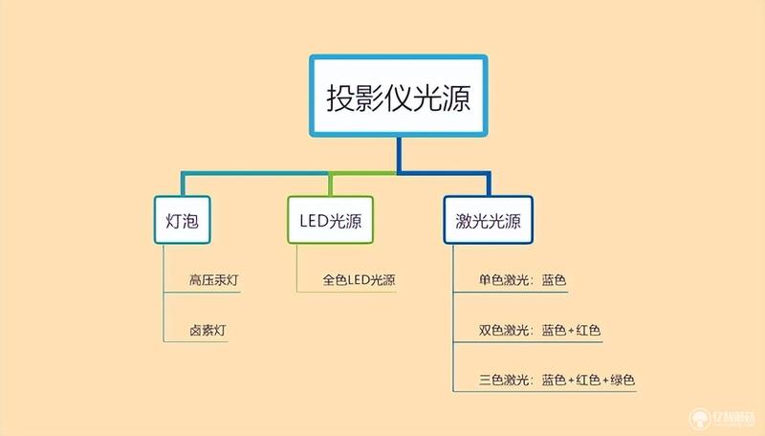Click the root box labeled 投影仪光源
(399, 96)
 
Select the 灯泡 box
(183, 220)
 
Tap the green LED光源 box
(330, 220)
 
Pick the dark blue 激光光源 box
(488, 220)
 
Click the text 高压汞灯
(213, 280)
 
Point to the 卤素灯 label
(208, 330)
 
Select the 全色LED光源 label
(359, 280)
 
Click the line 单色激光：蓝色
(522, 280)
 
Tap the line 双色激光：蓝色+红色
(539, 330)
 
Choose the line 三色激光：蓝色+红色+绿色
(557, 380)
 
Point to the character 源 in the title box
(457, 98)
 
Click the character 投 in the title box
(340, 98)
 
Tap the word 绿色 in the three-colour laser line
(623, 380)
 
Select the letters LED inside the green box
(314, 221)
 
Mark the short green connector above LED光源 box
(330, 185)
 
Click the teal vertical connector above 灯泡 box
(183, 184)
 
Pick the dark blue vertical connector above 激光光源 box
(488, 184)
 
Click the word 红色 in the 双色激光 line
(588, 330)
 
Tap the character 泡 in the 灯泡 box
(190, 221)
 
